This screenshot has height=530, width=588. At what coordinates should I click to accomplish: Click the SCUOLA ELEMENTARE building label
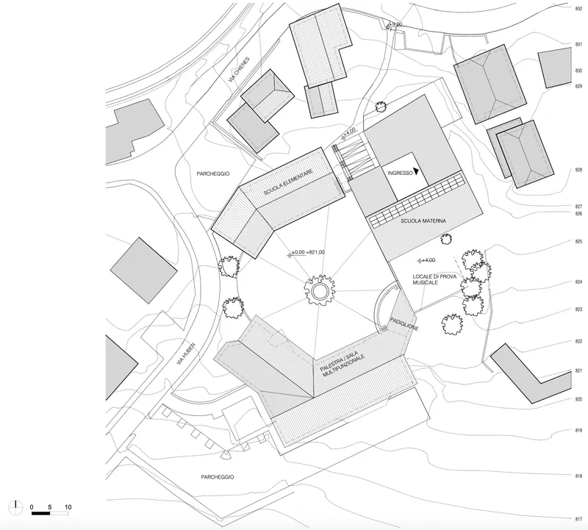click(288, 182)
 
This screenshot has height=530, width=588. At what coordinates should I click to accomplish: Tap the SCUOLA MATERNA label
click(423, 221)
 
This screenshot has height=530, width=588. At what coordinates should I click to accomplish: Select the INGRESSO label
click(400, 173)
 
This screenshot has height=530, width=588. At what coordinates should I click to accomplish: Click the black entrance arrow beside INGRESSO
click(416, 171)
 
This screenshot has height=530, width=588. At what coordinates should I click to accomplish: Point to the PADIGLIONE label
click(404, 324)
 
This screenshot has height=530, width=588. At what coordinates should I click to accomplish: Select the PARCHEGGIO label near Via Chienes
click(213, 173)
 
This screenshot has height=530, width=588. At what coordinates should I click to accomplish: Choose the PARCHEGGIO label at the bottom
click(218, 477)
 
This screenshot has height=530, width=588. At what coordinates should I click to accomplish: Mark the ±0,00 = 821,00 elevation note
click(306, 253)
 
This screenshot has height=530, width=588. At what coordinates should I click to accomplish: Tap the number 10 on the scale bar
click(68, 507)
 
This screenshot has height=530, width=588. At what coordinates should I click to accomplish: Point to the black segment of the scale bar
click(41, 513)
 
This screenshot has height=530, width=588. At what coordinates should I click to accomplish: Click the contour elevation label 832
click(578, 9)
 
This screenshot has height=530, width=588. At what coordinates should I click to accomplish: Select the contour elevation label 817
click(578, 519)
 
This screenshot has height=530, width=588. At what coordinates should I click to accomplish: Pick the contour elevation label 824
click(578, 282)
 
